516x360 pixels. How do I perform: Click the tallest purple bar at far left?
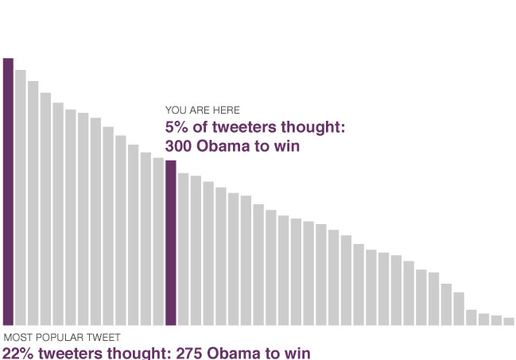point(8,191)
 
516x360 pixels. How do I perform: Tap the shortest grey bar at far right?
point(509,321)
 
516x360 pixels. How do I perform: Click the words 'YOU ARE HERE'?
point(202,110)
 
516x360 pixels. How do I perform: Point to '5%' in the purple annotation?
point(177,128)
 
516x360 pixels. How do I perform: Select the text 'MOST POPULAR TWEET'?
point(62,338)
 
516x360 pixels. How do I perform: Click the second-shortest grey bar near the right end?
point(496,320)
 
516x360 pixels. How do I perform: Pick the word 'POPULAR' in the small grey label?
point(61,338)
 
